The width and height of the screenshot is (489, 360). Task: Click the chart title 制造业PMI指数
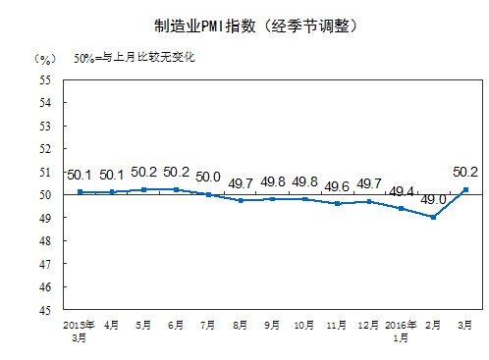click(x=244, y=26)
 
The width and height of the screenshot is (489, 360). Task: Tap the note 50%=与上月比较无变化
click(x=135, y=57)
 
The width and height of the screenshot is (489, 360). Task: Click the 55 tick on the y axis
click(x=46, y=79)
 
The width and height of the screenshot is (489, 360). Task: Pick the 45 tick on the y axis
click(x=46, y=310)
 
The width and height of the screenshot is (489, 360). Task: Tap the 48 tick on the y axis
click(x=46, y=241)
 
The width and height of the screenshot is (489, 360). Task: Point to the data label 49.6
click(x=338, y=186)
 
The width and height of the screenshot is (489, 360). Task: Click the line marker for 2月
click(x=432, y=217)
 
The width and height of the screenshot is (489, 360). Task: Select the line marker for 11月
click(x=337, y=203)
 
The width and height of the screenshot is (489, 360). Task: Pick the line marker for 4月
click(x=112, y=192)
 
